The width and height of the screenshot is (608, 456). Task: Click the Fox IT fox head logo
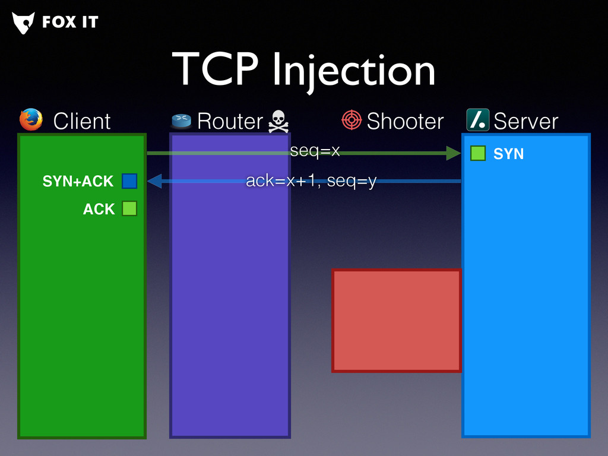(x=23, y=23)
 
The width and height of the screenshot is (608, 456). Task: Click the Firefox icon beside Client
(x=31, y=120)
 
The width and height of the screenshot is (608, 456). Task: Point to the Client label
(x=82, y=121)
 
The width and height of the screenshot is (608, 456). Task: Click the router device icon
(x=182, y=121)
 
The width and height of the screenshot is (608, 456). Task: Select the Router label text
(x=230, y=121)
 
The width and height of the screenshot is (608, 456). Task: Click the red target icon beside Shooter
(x=351, y=120)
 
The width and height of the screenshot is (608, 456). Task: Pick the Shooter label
(x=405, y=121)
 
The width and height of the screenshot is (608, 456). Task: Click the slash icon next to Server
(x=477, y=120)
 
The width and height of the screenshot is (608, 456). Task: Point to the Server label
(x=525, y=121)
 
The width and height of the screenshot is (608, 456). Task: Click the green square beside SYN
(x=478, y=153)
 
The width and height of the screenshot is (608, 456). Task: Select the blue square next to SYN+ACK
(x=129, y=180)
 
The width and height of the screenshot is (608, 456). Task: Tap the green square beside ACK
(x=129, y=208)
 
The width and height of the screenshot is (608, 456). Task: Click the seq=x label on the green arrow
(x=315, y=151)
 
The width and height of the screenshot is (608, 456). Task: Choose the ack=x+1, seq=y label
(x=311, y=180)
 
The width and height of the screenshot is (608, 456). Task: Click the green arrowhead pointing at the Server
(x=454, y=153)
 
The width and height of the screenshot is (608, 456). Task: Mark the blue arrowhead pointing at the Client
(x=154, y=180)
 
